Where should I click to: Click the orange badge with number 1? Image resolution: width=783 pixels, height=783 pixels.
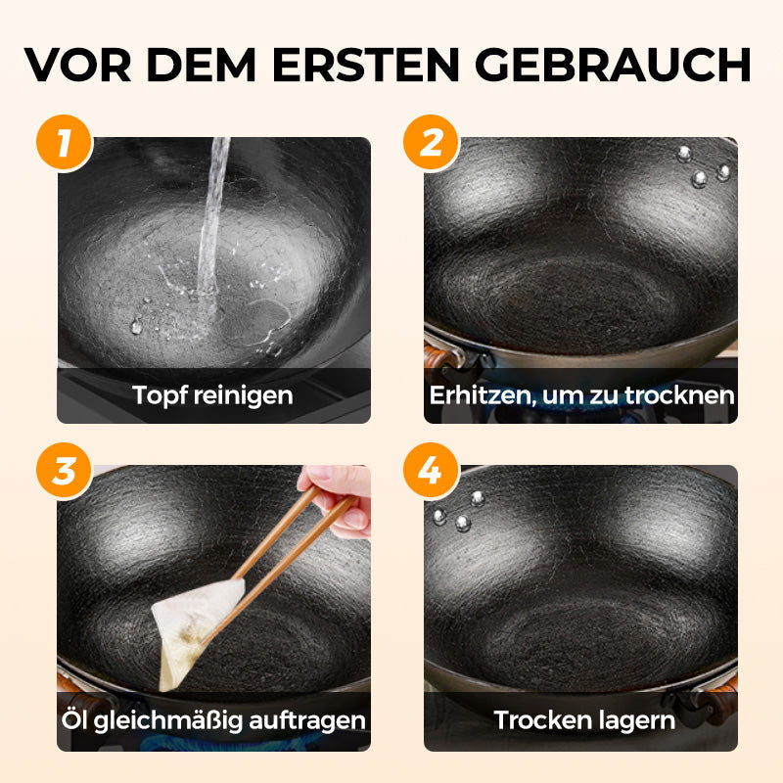[65, 144]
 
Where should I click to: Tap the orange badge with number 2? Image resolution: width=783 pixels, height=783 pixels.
[431, 144]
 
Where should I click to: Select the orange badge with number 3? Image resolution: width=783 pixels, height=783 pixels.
[65, 471]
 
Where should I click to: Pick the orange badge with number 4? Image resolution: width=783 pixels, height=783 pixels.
[431, 471]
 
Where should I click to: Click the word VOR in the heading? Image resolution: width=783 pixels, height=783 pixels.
[80, 65]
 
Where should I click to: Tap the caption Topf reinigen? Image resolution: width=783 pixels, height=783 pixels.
[213, 395]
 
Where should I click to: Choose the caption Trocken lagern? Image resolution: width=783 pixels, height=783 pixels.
[584, 721]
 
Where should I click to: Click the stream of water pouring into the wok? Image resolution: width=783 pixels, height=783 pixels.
[212, 225]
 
